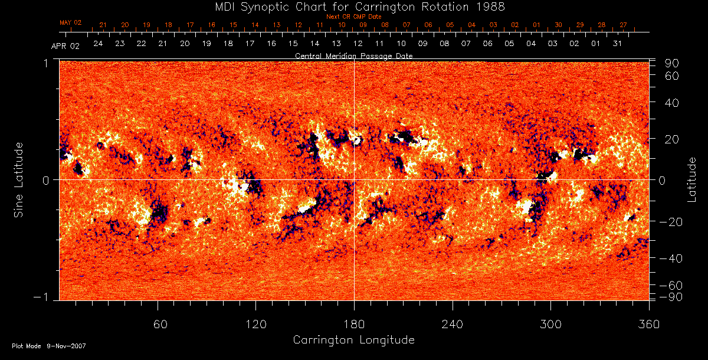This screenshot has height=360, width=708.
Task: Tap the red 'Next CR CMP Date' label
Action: pyautogui.click(x=354, y=17)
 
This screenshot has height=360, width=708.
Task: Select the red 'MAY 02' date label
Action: pyautogui.click(x=70, y=22)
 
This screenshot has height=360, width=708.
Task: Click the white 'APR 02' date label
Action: pyautogui.click(x=65, y=45)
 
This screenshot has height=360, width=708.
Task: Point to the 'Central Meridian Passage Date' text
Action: pyautogui.click(x=353, y=55)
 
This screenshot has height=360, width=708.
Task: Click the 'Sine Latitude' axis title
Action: pyautogui.click(x=19, y=179)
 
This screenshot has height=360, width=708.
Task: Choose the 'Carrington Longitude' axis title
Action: pyautogui.click(x=353, y=340)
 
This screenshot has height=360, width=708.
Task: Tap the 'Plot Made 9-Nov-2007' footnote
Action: pyautogui.click(x=49, y=346)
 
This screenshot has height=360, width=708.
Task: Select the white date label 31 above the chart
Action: pyautogui.click(x=617, y=44)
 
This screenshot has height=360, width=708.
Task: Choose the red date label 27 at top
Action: pyautogui.click(x=623, y=25)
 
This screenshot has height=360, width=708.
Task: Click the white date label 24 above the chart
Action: pyautogui.click(x=98, y=44)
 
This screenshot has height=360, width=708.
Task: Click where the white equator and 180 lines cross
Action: pyautogui.click(x=354, y=179)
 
